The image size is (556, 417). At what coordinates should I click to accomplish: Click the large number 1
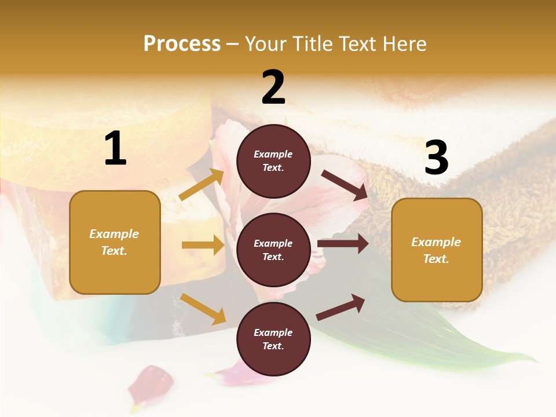click(115, 149)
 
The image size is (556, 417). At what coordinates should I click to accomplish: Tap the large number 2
click(273, 87)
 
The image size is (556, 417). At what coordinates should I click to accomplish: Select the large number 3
click(436, 159)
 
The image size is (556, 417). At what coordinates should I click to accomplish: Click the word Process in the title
click(182, 43)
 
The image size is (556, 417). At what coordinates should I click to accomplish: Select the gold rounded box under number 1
click(115, 242)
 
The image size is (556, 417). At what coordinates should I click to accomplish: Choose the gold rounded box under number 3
click(437, 250)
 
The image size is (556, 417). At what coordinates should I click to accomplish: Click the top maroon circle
click(273, 161)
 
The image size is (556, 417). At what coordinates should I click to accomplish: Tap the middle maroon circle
click(273, 250)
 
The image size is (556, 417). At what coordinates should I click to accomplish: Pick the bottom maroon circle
click(273, 339)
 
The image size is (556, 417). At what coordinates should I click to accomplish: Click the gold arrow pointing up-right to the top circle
click(202, 185)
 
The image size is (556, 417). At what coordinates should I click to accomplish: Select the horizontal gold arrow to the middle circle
click(203, 245)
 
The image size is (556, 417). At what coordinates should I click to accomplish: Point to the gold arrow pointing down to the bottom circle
click(203, 309)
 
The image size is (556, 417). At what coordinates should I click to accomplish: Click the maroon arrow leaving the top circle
click(345, 185)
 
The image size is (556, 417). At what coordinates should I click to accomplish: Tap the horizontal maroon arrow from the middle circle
click(343, 243)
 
